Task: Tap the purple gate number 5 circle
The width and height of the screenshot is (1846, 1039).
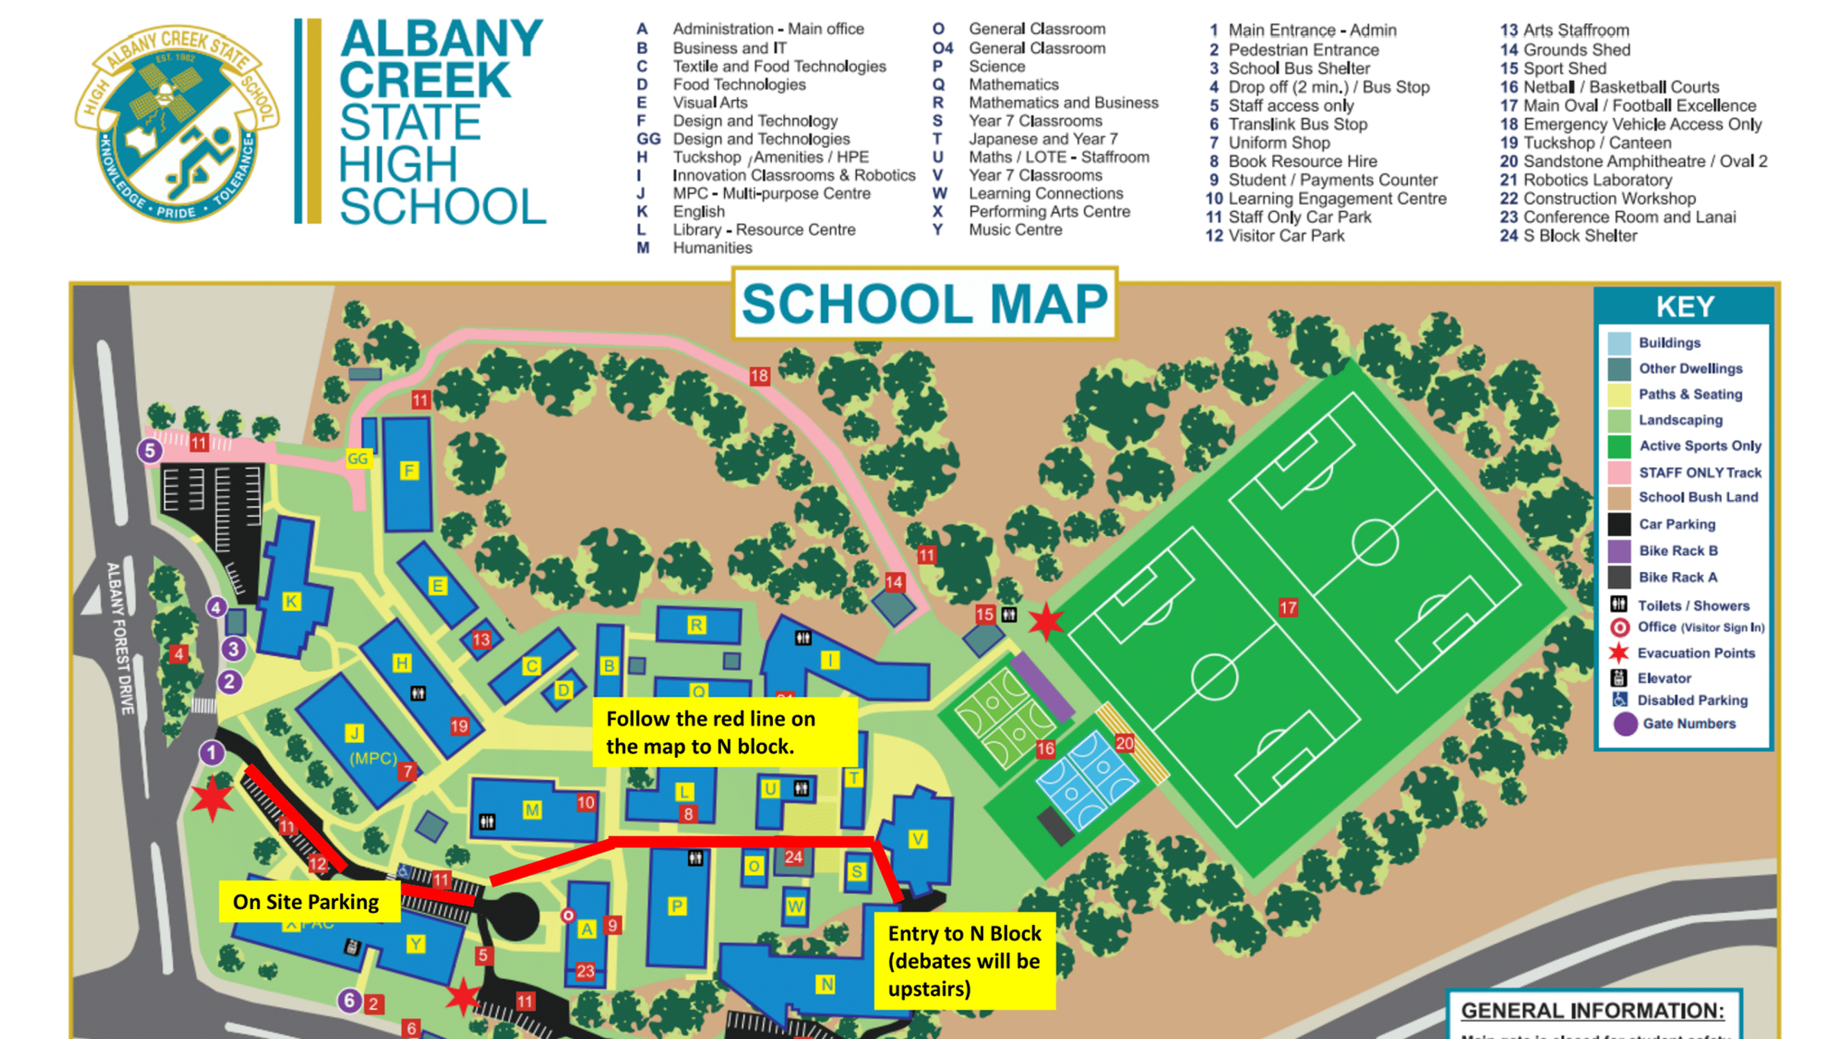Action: click(150, 451)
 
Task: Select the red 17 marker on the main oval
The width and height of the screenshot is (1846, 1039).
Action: click(1287, 608)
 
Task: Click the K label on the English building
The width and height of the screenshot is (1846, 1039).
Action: click(291, 602)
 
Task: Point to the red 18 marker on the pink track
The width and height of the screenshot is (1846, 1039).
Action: click(759, 375)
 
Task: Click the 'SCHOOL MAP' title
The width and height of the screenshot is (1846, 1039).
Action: click(925, 304)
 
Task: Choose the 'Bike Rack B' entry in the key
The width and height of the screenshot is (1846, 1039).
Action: click(1678, 551)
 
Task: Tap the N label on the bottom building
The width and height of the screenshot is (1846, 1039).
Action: click(826, 984)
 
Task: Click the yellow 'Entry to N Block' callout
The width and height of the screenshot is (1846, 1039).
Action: click(964, 961)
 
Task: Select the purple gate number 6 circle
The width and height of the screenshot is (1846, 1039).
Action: click(349, 1000)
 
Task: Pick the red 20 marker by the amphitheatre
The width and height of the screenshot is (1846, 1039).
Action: click(1124, 743)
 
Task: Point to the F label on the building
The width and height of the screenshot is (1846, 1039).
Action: click(409, 471)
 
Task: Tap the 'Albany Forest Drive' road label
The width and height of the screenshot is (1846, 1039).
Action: click(120, 638)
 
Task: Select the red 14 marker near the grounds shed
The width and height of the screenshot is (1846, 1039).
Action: click(894, 583)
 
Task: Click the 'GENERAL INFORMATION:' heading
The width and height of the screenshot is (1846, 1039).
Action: click(1592, 1011)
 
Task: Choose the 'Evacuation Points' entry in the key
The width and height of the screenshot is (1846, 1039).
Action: click(1696, 652)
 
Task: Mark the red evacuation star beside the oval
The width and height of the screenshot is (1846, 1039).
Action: click(1047, 622)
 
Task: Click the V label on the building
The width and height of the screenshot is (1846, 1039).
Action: click(917, 839)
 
